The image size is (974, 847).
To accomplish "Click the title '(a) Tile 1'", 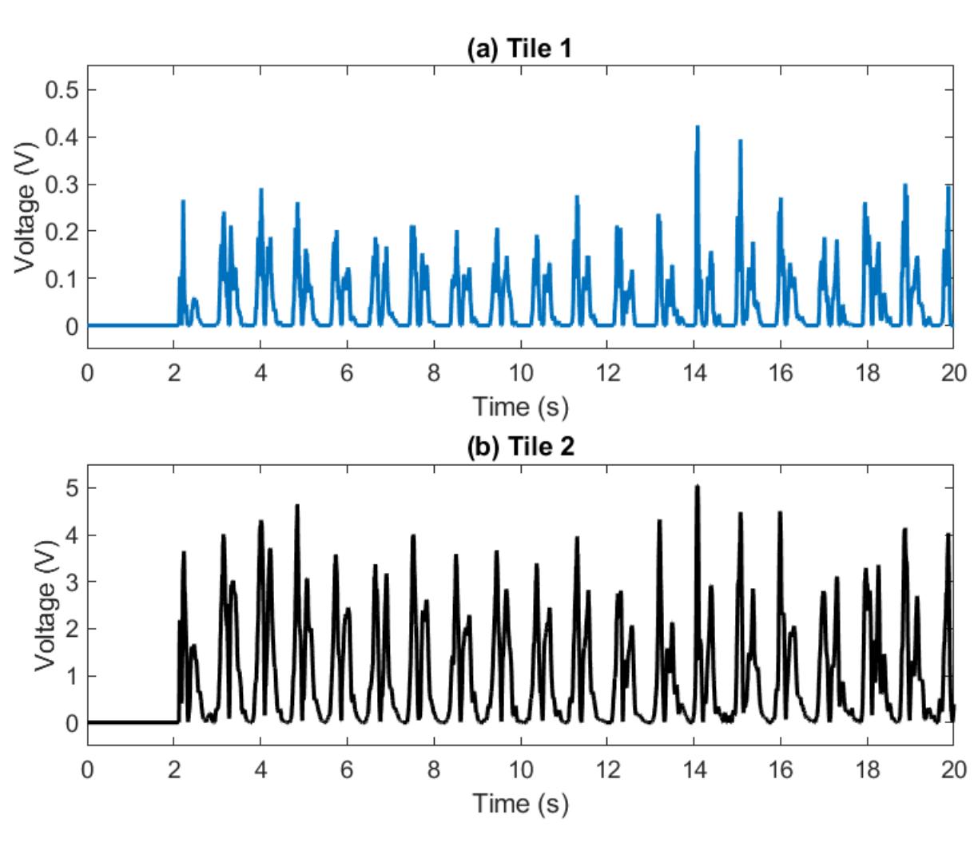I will click(x=520, y=50).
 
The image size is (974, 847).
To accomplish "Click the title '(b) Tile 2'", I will click(x=520, y=447).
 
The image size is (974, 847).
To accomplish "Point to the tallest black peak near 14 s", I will click(x=697, y=487).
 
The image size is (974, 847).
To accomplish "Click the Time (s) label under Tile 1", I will click(x=520, y=407).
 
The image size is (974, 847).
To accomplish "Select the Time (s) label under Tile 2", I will click(x=520, y=804).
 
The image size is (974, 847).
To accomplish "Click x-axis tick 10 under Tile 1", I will click(x=520, y=374).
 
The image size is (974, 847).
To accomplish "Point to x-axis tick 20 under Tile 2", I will click(x=952, y=771).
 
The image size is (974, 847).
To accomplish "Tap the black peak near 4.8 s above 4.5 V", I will click(x=297, y=506).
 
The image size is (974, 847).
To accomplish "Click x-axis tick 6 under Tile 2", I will click(x=347, y=771).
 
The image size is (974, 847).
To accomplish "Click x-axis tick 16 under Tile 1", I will click(x=780, y=374).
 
